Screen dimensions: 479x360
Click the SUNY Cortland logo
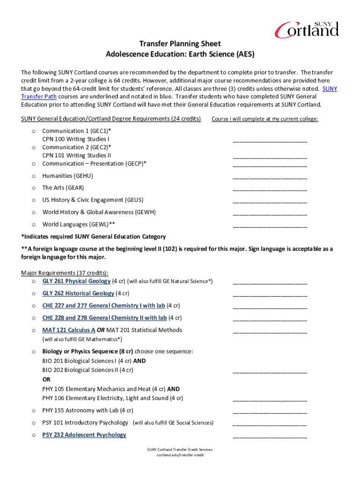(x=306, y=29)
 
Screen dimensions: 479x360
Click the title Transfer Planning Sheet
(x=180, y=44)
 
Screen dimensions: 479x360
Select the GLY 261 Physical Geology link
(x=76, y=281)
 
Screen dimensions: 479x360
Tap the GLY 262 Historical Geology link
(x=78, y=293)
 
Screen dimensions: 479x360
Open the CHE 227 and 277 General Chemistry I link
(x=103, y=305)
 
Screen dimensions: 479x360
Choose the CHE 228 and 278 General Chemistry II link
(x=104, y=318)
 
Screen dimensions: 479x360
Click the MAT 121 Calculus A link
(x=69, y=330)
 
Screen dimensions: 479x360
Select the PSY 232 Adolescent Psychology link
(x=84, y=435)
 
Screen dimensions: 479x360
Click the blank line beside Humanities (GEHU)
(x=270, y=177)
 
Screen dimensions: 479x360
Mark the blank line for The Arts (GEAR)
(x=270, y=189)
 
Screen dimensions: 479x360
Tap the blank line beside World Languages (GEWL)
(x=270, y=226)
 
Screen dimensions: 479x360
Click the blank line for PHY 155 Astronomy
(x=270, y=412)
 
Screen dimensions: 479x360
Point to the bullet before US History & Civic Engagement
(x=34, y=200)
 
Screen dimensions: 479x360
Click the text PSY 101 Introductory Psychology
(x=85, y=422)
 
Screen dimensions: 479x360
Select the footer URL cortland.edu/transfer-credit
(x=180, y=455)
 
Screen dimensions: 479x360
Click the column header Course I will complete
(x=265, y=119)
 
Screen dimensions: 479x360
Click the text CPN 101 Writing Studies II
(x=77, y=155)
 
